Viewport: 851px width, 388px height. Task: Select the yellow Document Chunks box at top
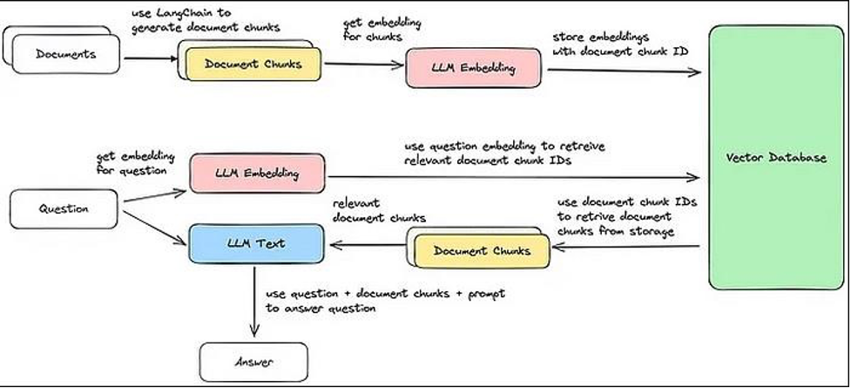252,64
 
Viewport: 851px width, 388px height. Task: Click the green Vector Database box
775,158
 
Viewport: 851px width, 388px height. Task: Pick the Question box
62,209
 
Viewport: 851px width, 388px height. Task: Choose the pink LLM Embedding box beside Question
256,173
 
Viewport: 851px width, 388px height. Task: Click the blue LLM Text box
254,243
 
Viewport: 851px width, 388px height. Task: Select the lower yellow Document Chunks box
482,251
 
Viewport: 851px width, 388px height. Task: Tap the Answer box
253,359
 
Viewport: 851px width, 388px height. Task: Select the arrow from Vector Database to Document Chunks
627,247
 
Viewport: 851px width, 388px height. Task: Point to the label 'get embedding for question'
135,162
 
